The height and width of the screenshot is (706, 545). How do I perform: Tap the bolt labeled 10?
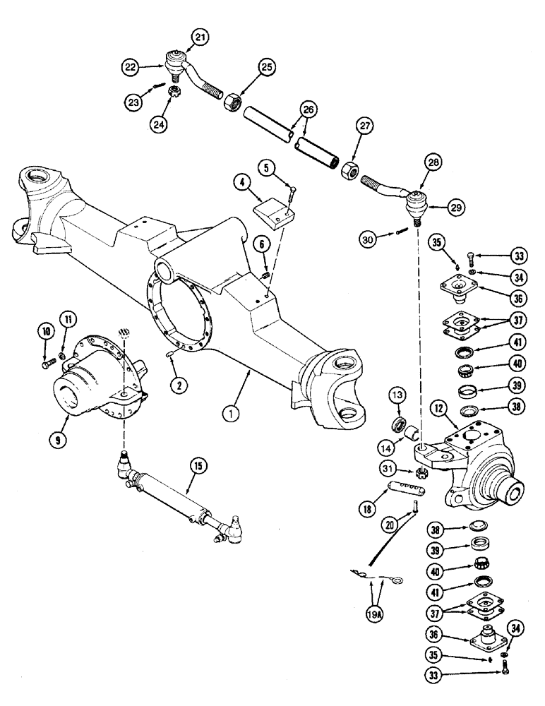point(49,365)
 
